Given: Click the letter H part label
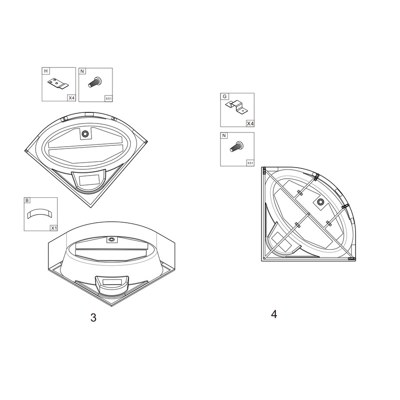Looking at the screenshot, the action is coord(46,71).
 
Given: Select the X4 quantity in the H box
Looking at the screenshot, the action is coord(72,98).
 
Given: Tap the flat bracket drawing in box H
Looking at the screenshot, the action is coord(58,83).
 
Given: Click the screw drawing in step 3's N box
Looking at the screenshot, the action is coord(95,82).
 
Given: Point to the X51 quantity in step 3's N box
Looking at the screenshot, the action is coord(108,99).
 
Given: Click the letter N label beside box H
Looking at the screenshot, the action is coord(82,71).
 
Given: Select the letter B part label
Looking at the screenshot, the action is coord(27,200).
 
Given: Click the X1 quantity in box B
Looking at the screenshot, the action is coord(54,228).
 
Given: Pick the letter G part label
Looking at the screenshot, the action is coord(224,96).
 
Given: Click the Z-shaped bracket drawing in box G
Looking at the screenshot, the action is coord(236,106).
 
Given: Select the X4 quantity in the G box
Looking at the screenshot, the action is coord(250,124).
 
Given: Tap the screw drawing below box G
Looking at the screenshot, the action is coord(237,146).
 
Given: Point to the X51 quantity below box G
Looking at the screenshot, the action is coord(250,163).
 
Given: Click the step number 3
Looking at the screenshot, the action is coord(93,318).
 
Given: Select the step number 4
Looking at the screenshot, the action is coord(274,314).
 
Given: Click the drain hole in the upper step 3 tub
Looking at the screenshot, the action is coord(85,133).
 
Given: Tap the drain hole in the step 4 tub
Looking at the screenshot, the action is coord(320,202).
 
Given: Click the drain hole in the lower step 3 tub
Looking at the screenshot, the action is coord(111,239).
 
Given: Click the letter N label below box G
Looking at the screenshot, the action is coord(224,136).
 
